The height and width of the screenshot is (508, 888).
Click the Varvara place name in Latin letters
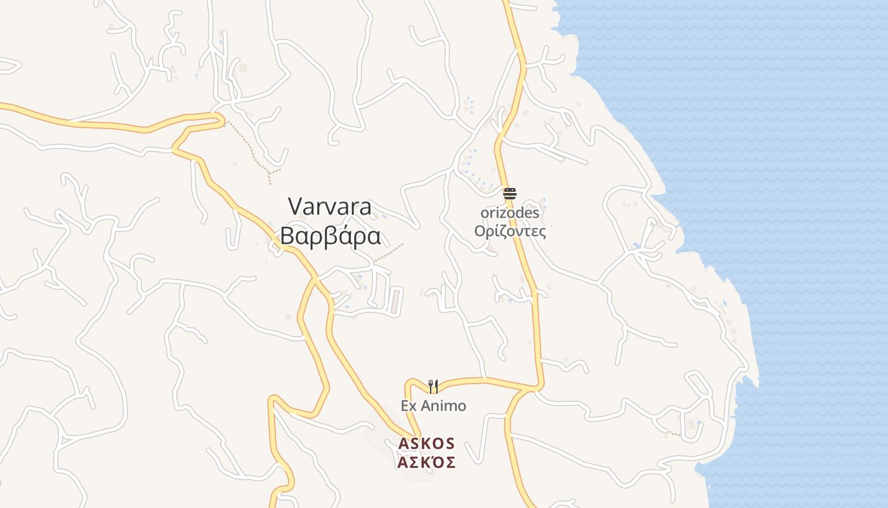coord(330,206)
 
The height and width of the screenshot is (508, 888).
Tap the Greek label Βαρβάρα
coord(330,236)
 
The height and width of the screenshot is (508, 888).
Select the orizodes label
coord(509,213)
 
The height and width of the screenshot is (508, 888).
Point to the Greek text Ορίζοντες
coord(510,231)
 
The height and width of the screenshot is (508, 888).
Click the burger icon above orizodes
coord(510,194)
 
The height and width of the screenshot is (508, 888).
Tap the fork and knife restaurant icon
coord(433,386)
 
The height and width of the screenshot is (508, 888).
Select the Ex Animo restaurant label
coord(433,406)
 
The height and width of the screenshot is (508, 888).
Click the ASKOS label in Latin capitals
coord(426,443)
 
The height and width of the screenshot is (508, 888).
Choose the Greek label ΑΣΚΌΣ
coord(426,462)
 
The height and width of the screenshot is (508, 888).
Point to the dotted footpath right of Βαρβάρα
coord(388,253)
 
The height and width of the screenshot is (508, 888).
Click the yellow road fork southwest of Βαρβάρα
coord(315,279)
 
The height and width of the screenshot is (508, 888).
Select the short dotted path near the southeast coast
coord(672,433)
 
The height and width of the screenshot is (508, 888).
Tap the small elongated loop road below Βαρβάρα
coord(396,300)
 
